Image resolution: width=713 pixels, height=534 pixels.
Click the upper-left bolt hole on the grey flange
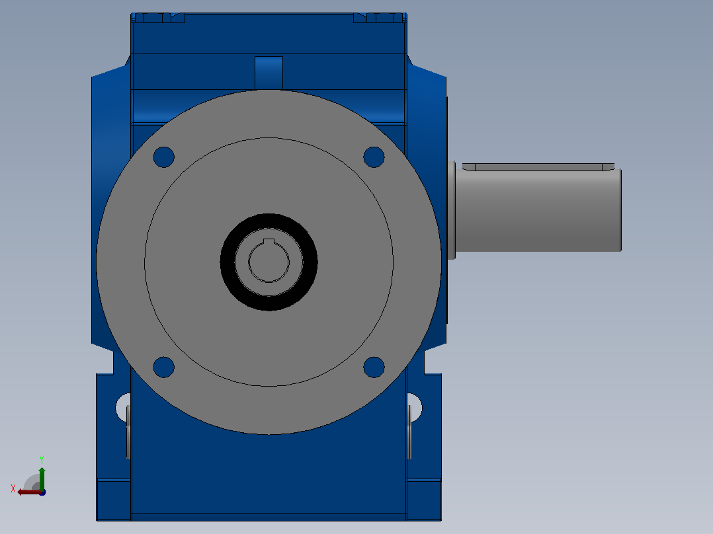tap(164, 157)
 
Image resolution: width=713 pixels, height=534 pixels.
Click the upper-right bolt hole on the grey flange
tap(374, 157)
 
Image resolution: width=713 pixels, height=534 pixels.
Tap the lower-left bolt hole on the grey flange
tap(164, 367)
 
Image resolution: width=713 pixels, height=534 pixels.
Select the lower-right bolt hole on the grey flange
tap(374, 367)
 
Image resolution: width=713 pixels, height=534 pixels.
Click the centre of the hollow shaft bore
tap(269, 262)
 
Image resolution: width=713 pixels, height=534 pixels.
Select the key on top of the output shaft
tap(538, 167)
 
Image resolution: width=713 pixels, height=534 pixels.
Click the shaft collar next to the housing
tap(451, 210)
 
